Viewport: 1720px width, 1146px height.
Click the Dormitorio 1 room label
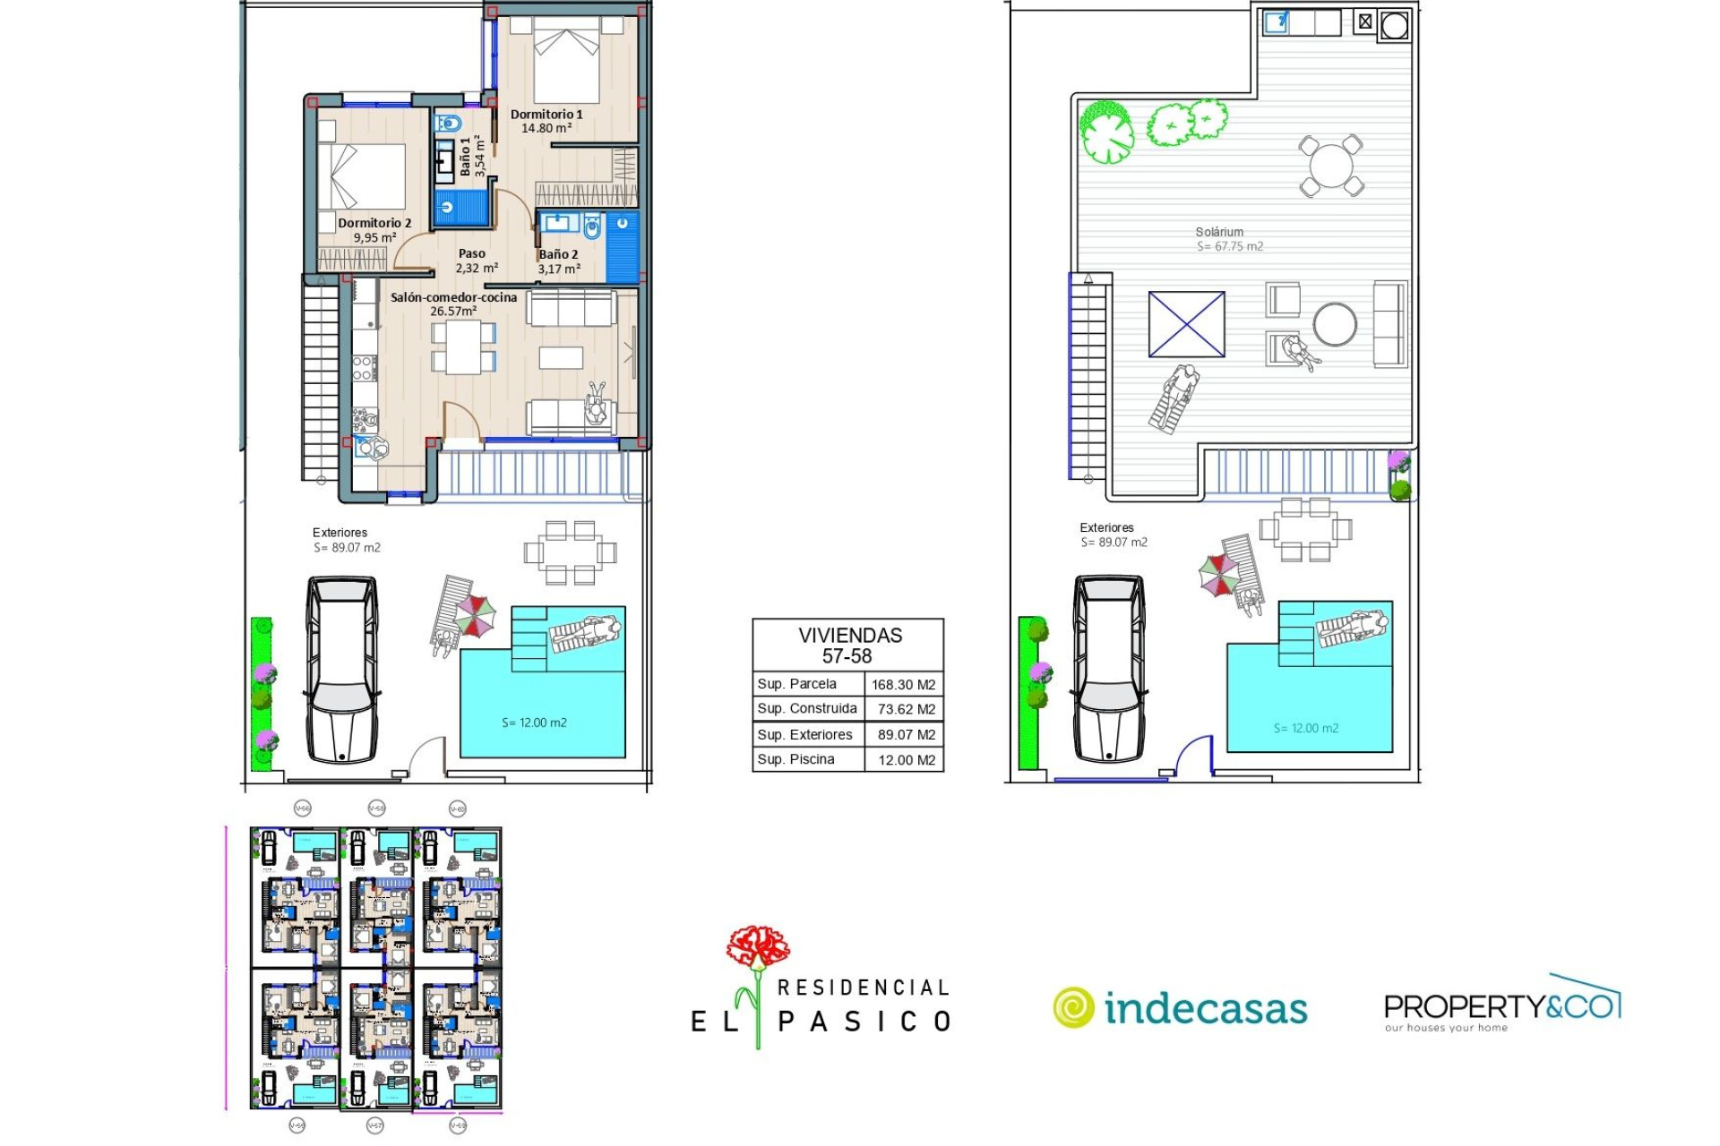(546, 115)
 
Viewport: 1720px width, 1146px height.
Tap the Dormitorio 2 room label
(374, 224)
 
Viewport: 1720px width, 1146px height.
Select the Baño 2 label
(558, 255)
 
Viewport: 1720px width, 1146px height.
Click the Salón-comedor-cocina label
(453, 298)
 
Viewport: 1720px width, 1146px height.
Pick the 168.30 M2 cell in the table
(903, 685)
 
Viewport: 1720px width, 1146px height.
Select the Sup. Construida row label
(806, 709)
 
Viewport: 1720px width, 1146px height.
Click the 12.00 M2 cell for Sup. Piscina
(906, 760)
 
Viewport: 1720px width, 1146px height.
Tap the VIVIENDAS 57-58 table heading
(848, 646)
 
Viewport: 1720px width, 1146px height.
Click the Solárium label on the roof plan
(1219, 232)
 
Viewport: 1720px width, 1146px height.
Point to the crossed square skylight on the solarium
(1186, 324)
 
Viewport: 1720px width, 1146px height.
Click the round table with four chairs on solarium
(1331, 166)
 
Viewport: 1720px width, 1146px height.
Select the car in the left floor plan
(341, 669)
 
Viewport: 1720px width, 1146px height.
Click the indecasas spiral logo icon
(1072, 1007)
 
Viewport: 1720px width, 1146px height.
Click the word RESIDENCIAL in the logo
(863, 988)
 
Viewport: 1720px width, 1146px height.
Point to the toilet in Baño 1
(448, 123)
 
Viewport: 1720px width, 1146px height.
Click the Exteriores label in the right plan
(1106, 528)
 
